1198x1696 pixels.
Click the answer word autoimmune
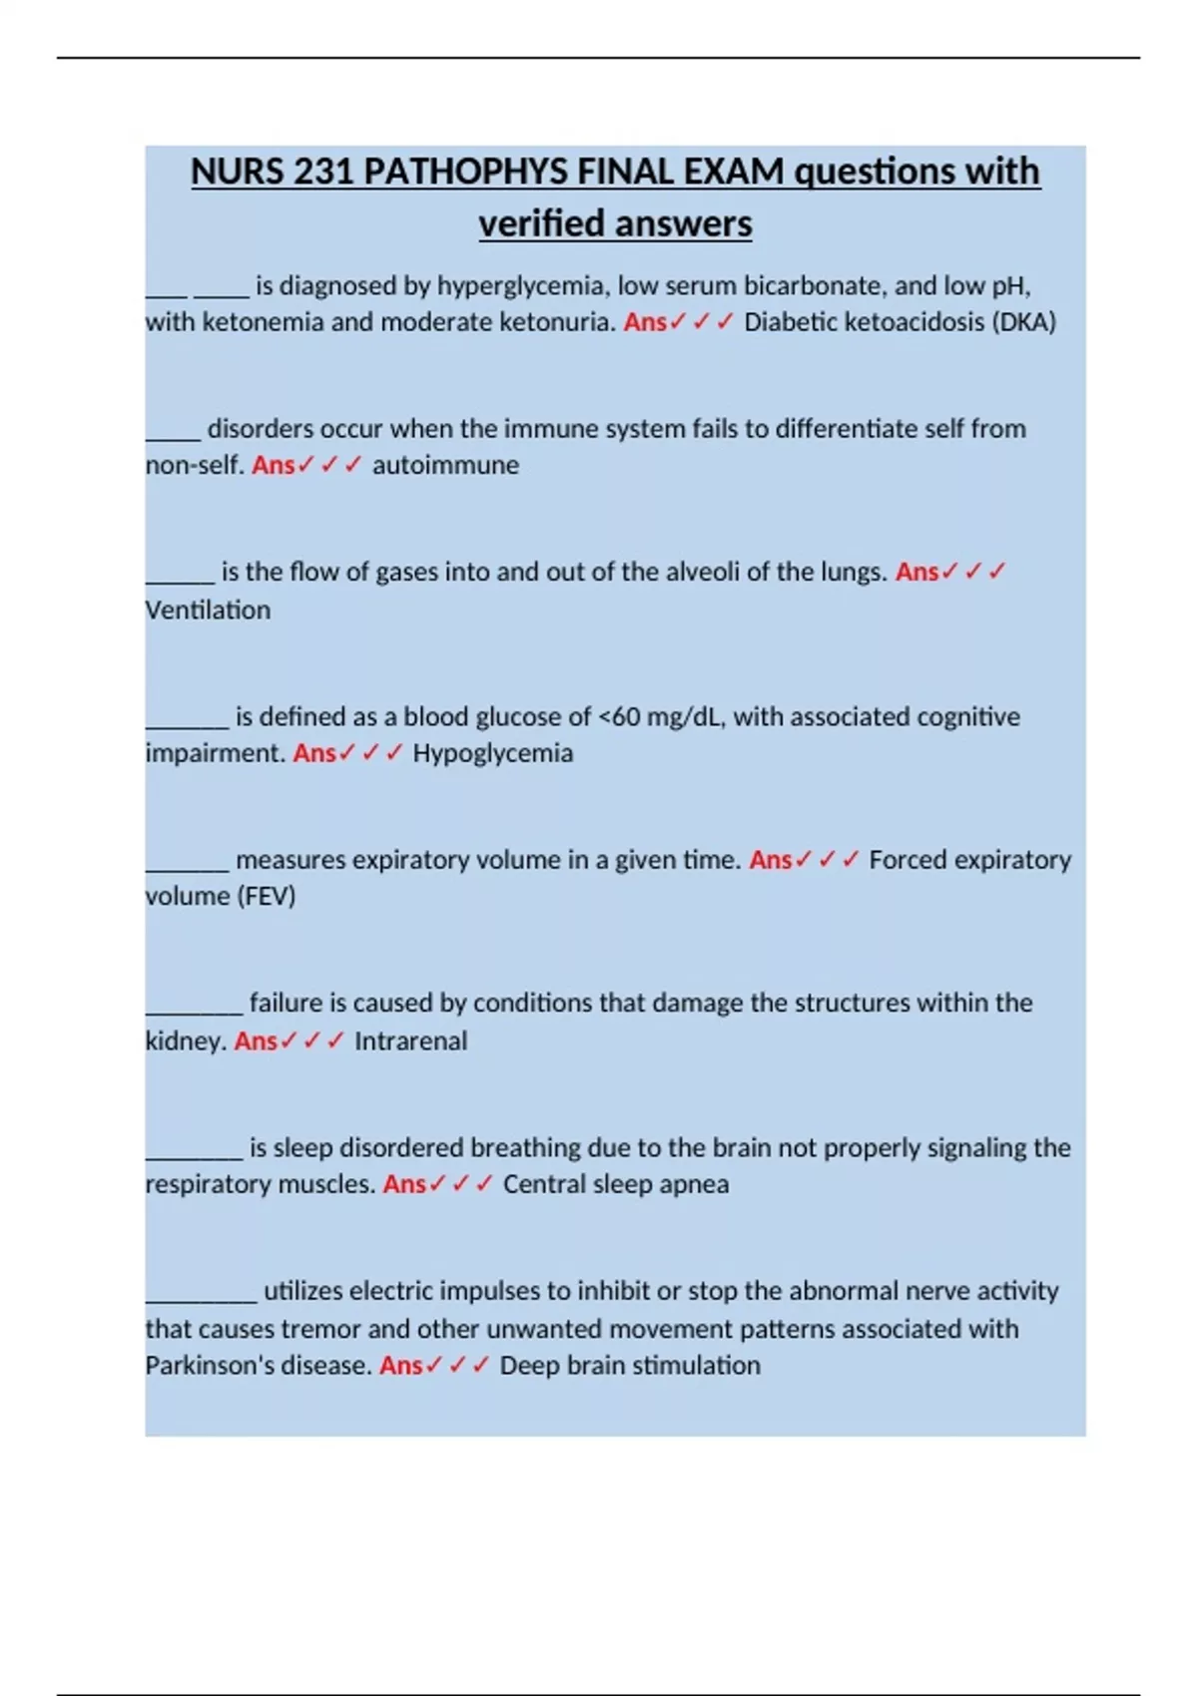click(x=445, y=465)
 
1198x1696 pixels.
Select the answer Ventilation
click(x=208, y=610)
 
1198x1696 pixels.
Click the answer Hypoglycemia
click(x=493, y=753)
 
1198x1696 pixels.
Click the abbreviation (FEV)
click(x=266, y=896)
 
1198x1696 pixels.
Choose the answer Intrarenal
click(x=410, y=1041)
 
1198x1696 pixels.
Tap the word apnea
click(x=696, y=1184)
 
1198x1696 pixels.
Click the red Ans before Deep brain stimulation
click(x=401, y=1365)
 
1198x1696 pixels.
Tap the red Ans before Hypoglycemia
click(x=314, y=753)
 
